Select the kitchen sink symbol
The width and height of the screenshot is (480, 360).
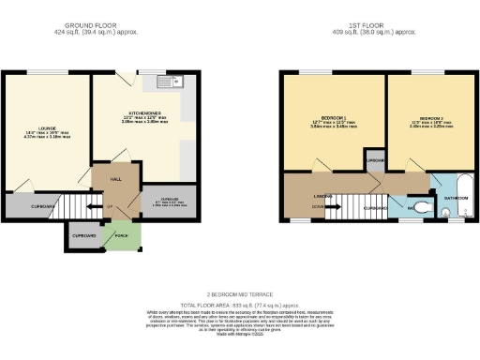(x=172, y=83)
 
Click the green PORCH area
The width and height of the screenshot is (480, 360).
(x=120, y=234)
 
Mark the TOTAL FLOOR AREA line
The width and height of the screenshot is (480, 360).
(x=240, y=306)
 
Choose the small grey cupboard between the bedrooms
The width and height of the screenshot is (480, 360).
(x=376, y=161)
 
